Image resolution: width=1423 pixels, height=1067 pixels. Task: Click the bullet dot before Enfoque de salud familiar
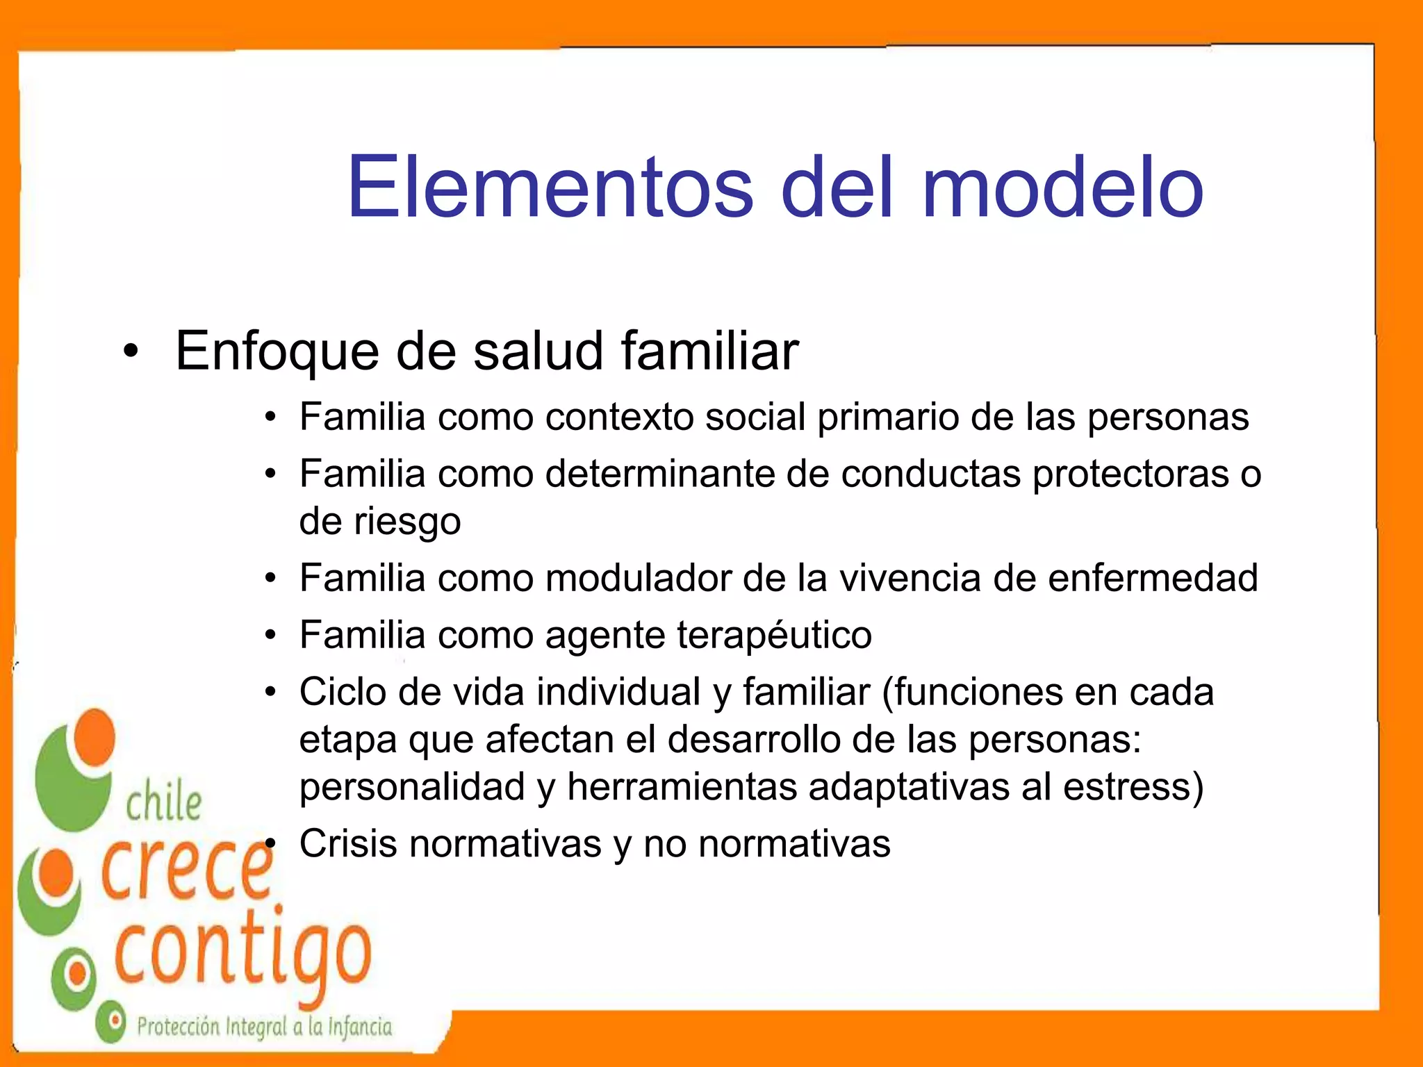[x=131, y=352]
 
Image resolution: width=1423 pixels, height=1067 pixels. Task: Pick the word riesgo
[x=407, y=522]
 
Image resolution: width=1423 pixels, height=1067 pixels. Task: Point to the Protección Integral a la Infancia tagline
[x=264, y=1027]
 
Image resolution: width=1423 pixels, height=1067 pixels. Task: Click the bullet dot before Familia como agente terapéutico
[x=271, y=636]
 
